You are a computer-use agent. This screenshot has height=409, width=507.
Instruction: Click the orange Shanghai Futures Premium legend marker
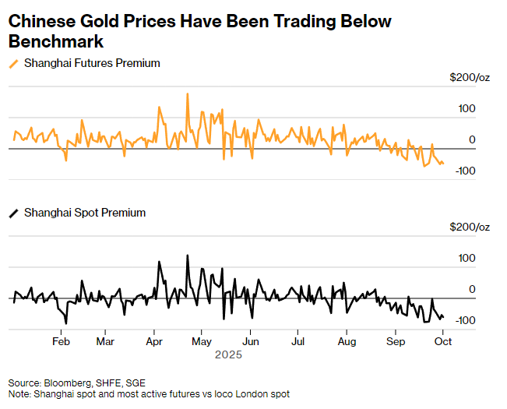click(x=14, y=63)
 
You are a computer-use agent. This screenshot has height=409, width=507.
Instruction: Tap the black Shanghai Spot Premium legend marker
click(x=14, y=212)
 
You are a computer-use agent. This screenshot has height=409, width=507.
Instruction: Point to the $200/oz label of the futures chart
click(x=470, y=77)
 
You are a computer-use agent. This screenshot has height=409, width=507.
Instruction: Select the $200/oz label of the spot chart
click(x=470, y=227)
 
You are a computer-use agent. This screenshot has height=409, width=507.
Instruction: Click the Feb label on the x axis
click(x=62, y=341)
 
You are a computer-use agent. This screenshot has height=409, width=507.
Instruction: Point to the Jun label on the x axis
click(x=250, y=341)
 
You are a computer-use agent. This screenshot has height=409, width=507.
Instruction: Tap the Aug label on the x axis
click(x=347, y=341)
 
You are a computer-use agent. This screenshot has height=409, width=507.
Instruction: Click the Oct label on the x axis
click(x=443, y=341)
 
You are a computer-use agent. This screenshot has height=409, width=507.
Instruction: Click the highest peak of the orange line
click(x=188, y=94)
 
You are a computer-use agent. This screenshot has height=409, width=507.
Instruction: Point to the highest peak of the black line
click(x=188, y=256)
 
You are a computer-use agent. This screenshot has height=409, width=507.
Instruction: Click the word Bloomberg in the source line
click(x=68, y=383)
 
